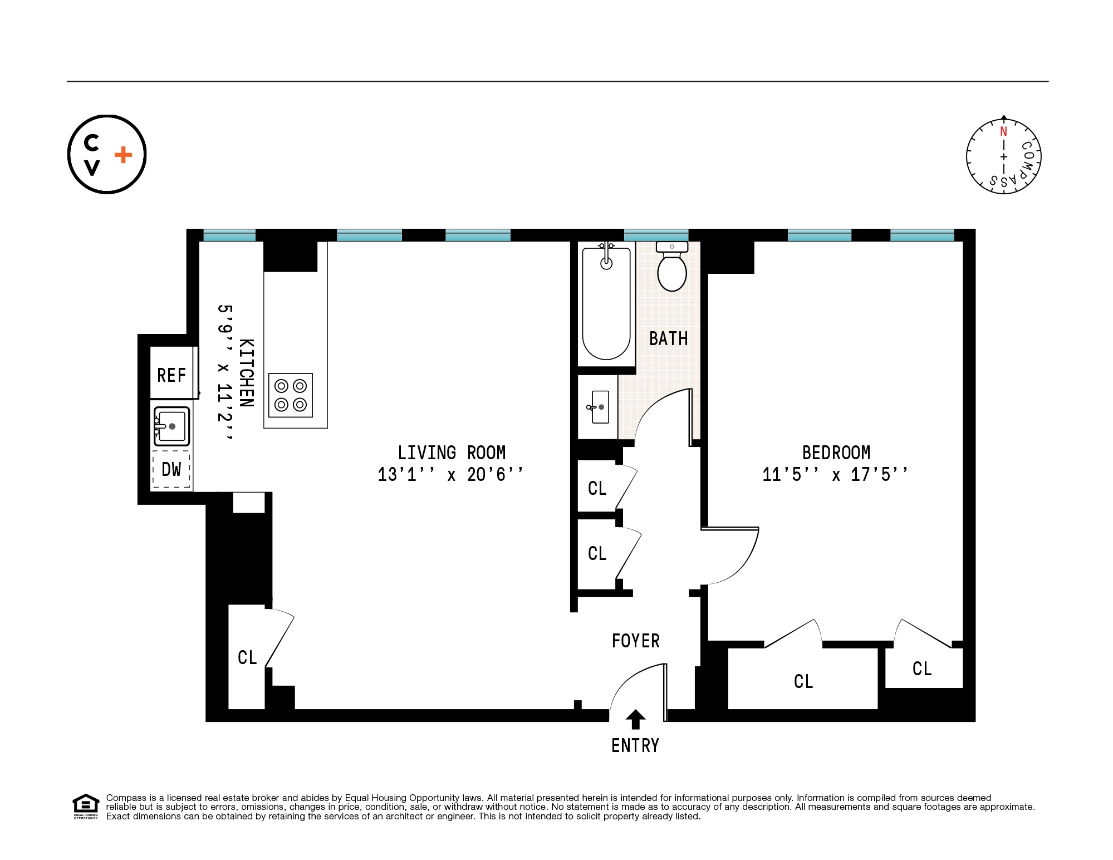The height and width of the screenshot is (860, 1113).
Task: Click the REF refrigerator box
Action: [171, 374]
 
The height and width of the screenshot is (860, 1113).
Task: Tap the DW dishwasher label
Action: [171, 469]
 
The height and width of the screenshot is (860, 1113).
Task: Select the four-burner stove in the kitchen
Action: [291, 395]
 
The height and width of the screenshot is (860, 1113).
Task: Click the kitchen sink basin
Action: [172, 426]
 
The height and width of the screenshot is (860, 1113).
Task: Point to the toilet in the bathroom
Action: [672, 269]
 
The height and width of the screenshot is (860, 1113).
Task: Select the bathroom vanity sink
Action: [600, 407]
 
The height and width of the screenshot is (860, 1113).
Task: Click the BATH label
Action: [668, 338]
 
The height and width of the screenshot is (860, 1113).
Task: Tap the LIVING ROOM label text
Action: [452, 453]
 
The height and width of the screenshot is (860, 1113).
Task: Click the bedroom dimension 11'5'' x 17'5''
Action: [835, 475]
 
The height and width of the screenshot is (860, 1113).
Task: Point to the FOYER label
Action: [635, 641]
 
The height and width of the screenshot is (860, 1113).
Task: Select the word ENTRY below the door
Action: [635, 745]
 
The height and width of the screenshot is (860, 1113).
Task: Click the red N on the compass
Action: [1003, 132]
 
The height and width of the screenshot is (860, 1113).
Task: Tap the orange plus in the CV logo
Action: [124, 155]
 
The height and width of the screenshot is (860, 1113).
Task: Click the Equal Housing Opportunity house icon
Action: [85, 805]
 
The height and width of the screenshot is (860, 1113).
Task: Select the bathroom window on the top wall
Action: [656, 235]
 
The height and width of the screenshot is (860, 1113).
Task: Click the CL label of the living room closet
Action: [247, 657]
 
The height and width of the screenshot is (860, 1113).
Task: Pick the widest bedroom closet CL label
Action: [803, 681]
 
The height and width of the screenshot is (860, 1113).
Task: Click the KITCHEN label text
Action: [247, 373]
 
